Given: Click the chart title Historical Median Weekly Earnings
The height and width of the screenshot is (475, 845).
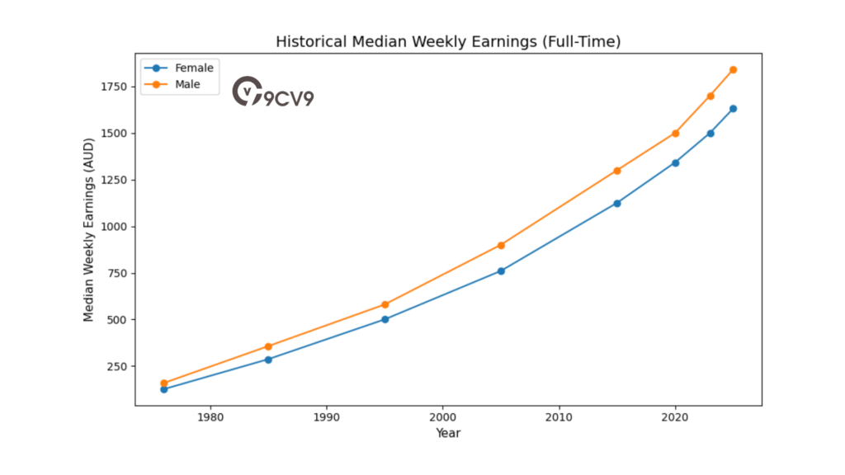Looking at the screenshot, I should point(447,41).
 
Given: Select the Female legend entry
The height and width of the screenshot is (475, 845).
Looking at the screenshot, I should point(194,68).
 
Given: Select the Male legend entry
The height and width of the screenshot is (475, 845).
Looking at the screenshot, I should point(187,84).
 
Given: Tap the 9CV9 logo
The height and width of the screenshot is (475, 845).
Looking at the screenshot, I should point(273,92).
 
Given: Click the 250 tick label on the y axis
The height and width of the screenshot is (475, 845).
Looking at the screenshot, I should point(116,366).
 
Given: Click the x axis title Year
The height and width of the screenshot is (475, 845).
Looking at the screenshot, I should point(448,434).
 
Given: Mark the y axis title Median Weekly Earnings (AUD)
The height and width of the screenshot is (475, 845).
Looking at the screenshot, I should point(89,229).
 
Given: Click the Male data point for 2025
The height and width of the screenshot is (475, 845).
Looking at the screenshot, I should point(733,69).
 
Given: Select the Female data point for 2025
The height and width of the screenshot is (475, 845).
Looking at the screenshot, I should point(733,109).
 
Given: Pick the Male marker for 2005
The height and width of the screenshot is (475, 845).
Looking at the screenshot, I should point(501,245).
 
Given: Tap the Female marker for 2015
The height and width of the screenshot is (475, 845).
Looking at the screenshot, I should point(617,203).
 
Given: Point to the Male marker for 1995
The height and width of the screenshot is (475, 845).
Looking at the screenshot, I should point(385,304).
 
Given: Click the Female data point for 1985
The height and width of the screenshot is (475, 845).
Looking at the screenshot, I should point(268,360).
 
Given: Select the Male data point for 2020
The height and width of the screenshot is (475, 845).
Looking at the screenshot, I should point(675,133).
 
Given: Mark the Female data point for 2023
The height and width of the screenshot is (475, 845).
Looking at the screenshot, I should point(710,133).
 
